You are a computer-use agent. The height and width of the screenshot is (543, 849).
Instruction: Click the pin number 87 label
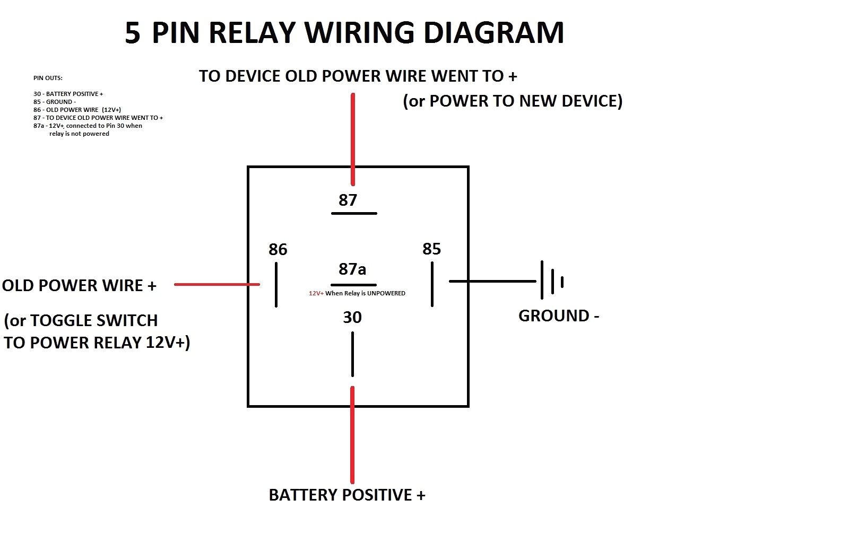click(x=348, y=200)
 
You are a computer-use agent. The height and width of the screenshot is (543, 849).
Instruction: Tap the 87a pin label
click(x=352, y=269)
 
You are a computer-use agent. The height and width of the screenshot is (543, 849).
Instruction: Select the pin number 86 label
click(x=278, y=249)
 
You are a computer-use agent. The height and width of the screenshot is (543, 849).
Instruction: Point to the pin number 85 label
click(x=431, y=249)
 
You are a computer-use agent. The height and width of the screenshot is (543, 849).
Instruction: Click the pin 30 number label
click(x=352, y=317)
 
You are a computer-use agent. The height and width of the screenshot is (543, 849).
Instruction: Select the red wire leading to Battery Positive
click(x=352, y=435)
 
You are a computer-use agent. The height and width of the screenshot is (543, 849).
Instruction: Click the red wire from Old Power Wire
click(x=216, y=284)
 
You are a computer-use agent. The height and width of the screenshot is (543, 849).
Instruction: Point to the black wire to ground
click(x=492, y=281)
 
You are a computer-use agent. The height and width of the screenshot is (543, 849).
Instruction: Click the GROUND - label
click(x=558, y=316)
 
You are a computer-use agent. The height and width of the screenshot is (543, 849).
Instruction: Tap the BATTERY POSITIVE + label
click(x=347, y=495)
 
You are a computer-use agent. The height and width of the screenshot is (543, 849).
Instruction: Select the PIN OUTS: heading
click(x=48, y=78)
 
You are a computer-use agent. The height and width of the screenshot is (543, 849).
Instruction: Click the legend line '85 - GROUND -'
click(x=55, y=102)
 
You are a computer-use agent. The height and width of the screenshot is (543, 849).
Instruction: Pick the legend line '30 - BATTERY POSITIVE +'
click(x=68, y=94)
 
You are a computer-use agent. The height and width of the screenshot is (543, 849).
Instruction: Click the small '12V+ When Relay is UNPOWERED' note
click(x=357, y=293)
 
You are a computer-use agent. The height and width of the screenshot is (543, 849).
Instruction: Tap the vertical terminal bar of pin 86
click(x=276, y=285)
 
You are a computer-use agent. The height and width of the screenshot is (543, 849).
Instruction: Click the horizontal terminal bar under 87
click(x=354, y=213)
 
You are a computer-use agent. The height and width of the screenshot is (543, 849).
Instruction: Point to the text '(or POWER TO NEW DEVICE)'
click(x=513, y=101)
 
